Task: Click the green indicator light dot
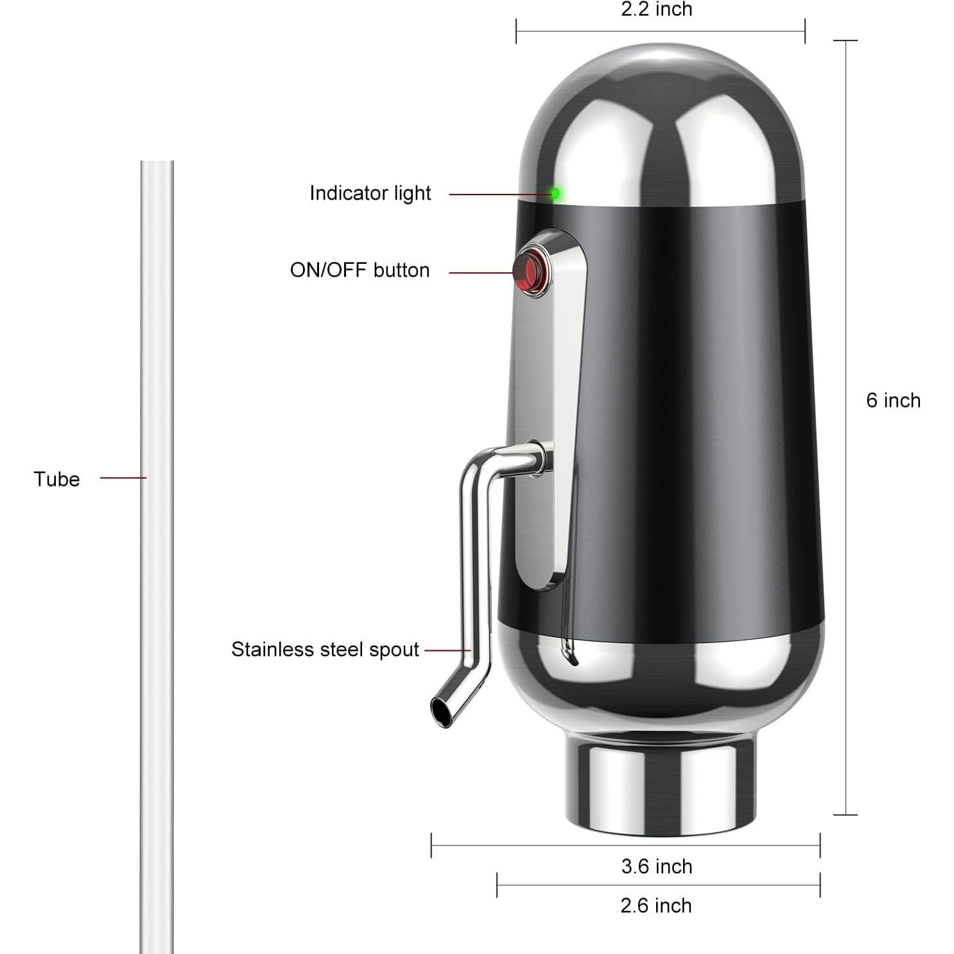pyautogui.click(x=554, y=193)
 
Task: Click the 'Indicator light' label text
pyautogui.click(x=370, y=193)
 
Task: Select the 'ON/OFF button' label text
pyautogui.click(x=360, y=270)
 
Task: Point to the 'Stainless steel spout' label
pyautogui.click(x=325, y=650)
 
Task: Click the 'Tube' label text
pyautogui.click(x=56, y=480)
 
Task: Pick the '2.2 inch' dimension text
pyautogui.click(x=656, y=10)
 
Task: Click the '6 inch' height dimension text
pyautogui.click(x=892, y=401)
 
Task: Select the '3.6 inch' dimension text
pyautogui.click(x=656, y=867)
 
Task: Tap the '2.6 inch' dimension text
pyautogui.click(x=655, y=906)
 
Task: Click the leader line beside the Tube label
pyautogui.click(x=123, y=478)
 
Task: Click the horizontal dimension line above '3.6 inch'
pyautogui.click(x=625, y=846)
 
